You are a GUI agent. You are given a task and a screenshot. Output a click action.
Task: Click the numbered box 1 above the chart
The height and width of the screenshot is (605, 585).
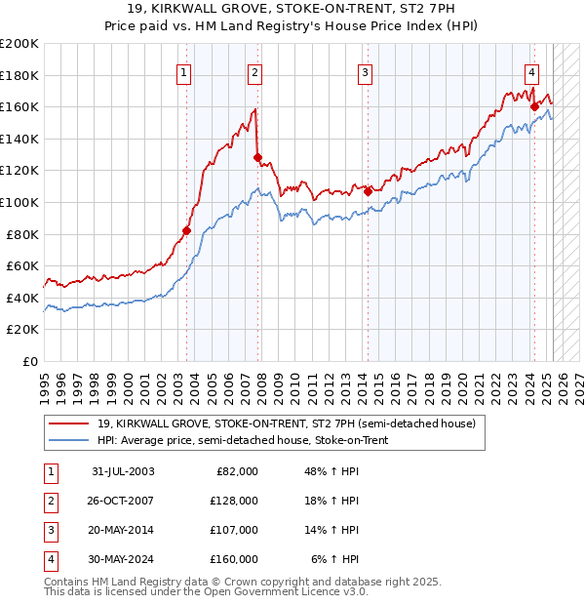click(184, 71)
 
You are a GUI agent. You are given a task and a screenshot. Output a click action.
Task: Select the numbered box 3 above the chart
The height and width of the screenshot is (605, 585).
click(365, 71)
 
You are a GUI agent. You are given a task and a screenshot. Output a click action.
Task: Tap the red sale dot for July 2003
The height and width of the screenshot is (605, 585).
click(186, 231)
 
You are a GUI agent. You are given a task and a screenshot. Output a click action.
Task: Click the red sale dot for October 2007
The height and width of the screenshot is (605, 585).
click(257, 157)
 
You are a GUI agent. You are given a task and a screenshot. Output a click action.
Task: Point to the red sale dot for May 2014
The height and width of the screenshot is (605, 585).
click(368, 192)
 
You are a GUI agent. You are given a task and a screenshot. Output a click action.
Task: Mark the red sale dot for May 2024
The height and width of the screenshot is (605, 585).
click(534, 107)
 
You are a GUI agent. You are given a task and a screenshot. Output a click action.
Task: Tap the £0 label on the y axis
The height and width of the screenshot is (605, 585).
click(28, 361)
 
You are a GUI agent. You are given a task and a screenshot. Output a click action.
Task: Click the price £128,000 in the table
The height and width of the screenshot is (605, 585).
click(235, 501)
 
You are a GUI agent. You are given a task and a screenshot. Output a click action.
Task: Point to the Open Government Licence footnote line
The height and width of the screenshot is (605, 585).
click(206, 592)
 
